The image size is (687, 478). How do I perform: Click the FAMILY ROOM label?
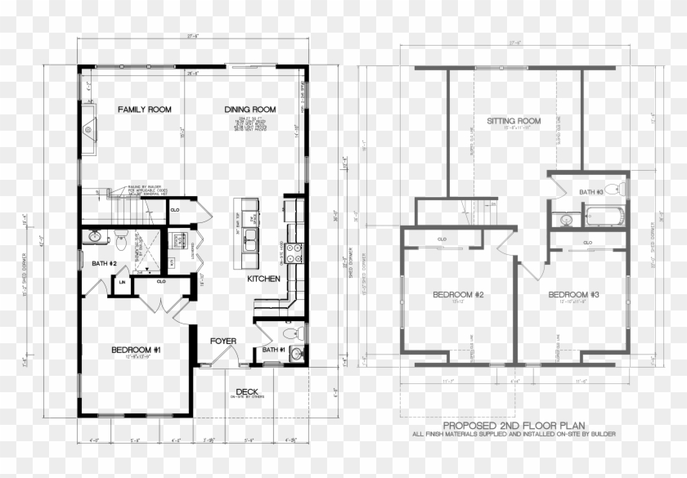pyautogui.click(x=144, y=109)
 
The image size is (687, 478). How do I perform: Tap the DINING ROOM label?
pyautogui.click(x=250, y=109)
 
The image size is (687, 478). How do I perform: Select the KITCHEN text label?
pyautogui.click(x=263, y=279)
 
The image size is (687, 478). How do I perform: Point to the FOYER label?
pyautogui.click(x=223, y=341)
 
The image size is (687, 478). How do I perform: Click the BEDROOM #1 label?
pyautogui.click(x=136, y=349)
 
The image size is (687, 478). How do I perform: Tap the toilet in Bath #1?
pyautogui.click(x=286, y=335)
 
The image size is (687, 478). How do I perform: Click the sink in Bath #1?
pyautogui.click(x=296, y=353)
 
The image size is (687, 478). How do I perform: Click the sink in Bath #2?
pyautogui.click(x=95, y=237)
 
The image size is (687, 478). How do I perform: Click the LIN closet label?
pyautogui.click(x=122, y=283)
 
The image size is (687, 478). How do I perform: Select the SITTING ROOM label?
pyautogui.click(x=514, y=121)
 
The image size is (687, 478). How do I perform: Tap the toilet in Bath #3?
pyautogui.click(x=622, y=190)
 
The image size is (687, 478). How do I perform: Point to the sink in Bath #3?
pyautogui.click(x=565, y=219)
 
